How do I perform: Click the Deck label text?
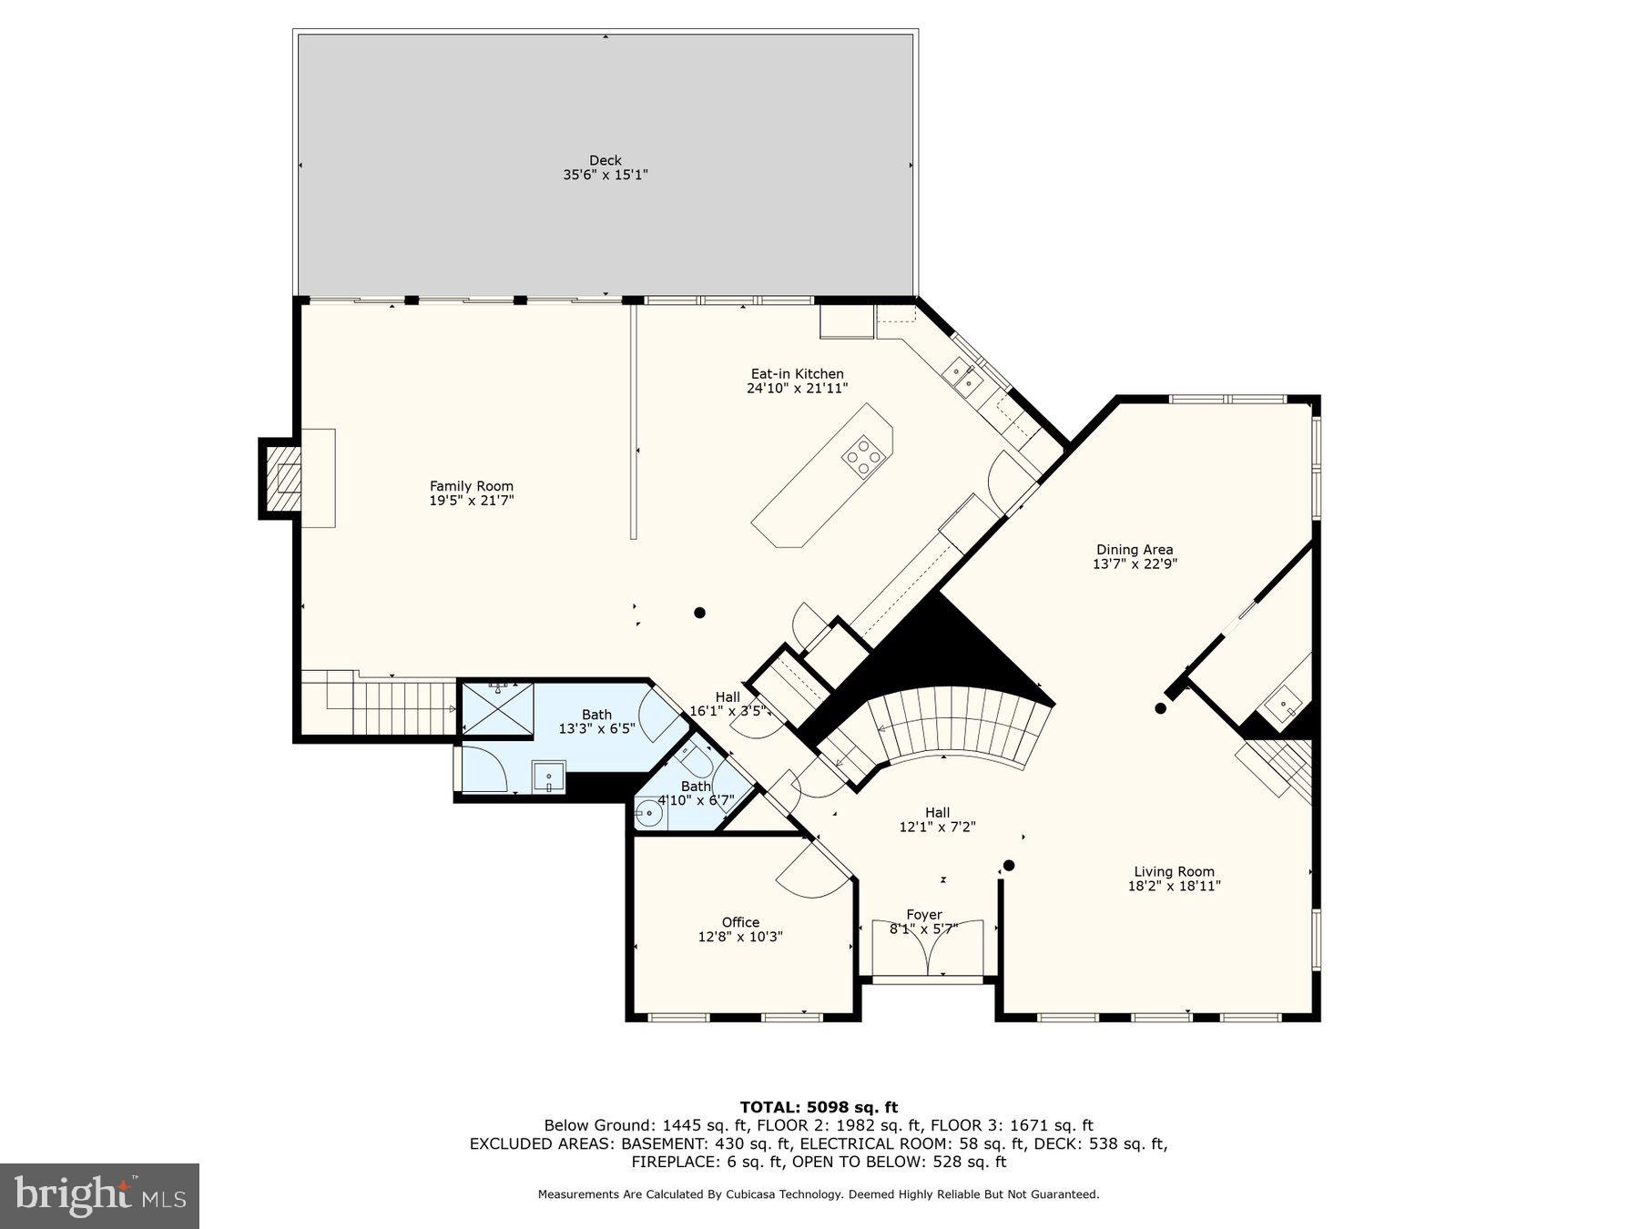605,160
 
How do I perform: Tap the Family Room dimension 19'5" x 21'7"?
472,501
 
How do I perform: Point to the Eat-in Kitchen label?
797,373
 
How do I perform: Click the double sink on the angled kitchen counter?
962,374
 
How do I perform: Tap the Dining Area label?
1134,549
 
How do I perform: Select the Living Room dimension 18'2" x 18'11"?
1174,886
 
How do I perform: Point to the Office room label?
739,922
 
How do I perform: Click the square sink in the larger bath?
549,777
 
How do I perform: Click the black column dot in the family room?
699,613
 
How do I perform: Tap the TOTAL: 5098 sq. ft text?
819,1107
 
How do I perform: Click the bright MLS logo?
99,1195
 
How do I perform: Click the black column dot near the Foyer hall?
1008,865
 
